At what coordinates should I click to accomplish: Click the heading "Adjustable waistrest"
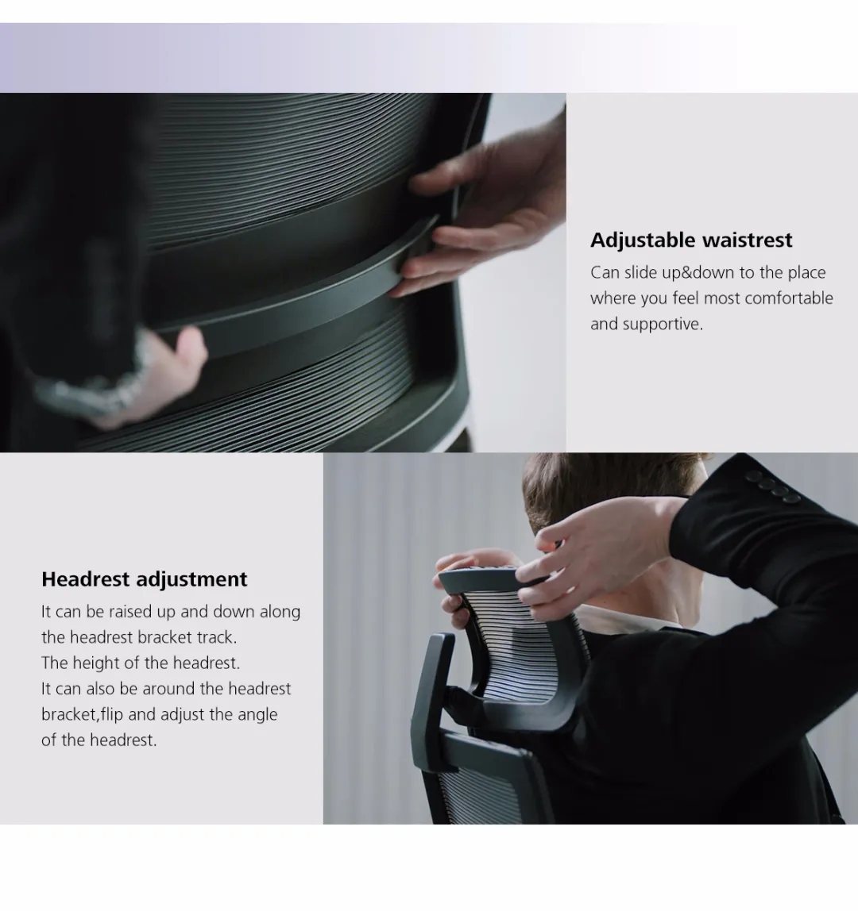click(x=691, y=240)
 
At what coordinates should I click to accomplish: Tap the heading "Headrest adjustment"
click(x=145, y=579)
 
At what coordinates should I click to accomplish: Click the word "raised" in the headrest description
click(x=130, y=612)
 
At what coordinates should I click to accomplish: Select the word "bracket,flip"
click(x=82, y=715)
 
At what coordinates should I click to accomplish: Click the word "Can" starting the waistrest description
click(x=605, y=272)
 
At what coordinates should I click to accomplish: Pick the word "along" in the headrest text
click(x=280, y=612)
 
